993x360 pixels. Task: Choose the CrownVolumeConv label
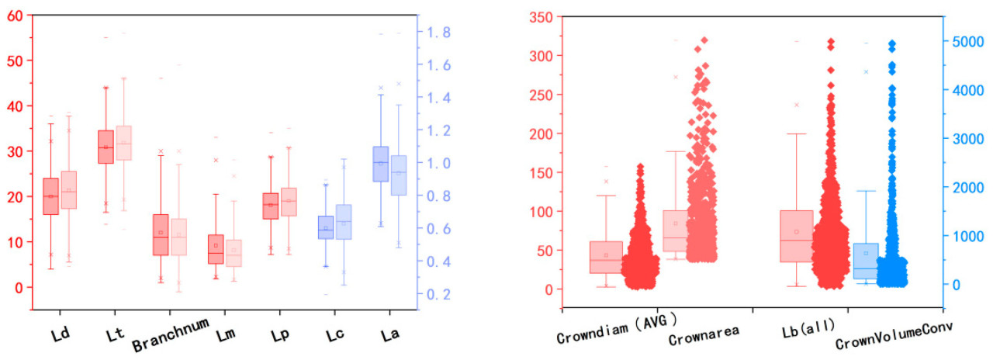click(894, 339)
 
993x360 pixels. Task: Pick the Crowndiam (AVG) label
click(617, 338)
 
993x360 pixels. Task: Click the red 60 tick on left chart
click(13, 16)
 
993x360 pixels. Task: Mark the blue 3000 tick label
click(967, 139)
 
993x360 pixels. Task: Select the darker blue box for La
click(381, 164)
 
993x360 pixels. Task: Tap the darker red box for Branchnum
click(161, 234)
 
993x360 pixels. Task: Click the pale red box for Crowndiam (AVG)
click(606, 257)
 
